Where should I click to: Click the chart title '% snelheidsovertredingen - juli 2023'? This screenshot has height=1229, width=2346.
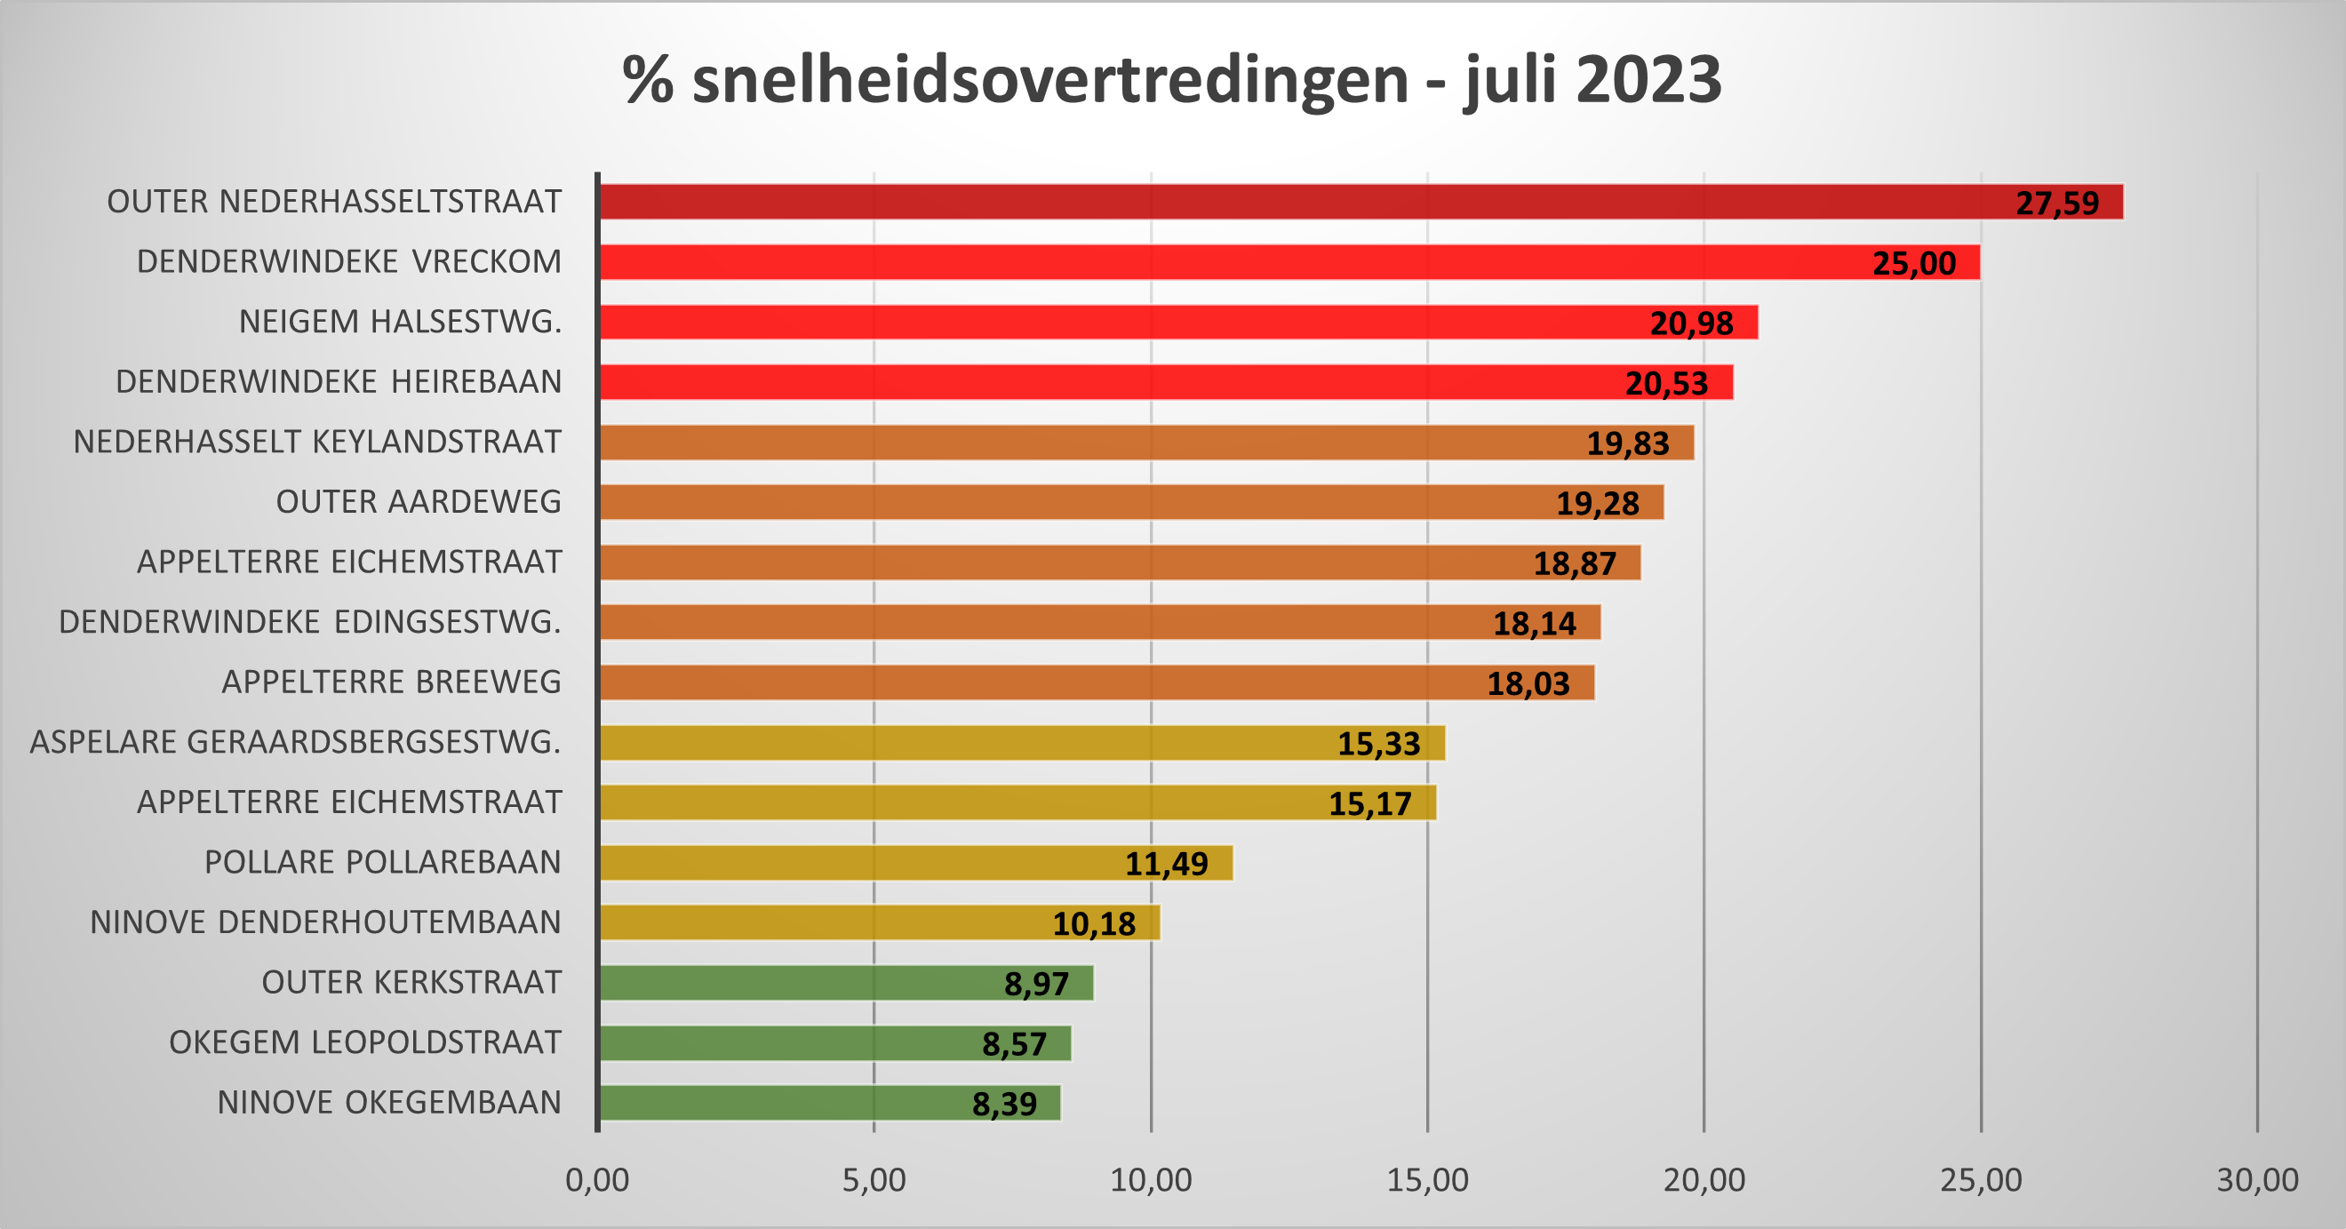1171,80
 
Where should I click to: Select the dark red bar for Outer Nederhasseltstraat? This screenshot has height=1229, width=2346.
1275,202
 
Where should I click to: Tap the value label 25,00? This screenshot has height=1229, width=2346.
1913,263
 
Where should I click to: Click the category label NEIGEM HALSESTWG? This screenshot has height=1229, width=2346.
400,322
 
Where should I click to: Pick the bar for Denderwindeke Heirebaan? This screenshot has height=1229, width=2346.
1093,382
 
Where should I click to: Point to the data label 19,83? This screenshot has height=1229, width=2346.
1627,443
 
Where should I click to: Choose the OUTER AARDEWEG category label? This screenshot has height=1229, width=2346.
418,502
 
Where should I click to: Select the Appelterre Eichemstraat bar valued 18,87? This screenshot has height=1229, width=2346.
1093,563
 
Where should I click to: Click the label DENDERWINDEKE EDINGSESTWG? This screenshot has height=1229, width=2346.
309,622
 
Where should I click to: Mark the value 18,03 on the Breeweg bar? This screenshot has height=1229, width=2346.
1528,684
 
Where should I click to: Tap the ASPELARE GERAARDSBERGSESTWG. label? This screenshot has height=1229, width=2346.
295,743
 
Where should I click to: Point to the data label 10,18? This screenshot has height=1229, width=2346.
1094,925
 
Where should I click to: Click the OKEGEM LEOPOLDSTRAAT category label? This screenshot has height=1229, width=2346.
364,1042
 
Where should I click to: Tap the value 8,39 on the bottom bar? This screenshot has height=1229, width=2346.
1003,1105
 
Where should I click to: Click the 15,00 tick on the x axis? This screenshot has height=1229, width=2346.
1427,1181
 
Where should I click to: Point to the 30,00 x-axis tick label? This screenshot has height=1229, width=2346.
2257,1181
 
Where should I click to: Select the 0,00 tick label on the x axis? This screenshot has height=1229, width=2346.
597,1181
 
